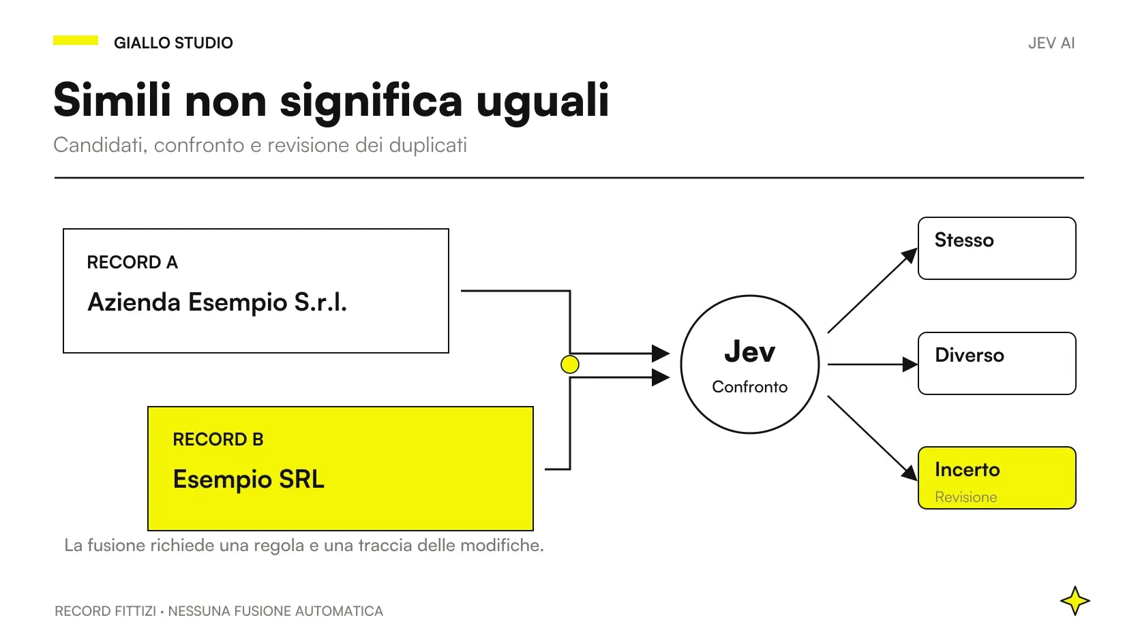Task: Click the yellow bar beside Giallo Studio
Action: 75,40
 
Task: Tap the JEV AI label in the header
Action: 1051,43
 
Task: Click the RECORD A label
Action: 132,262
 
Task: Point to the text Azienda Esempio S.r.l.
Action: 217,302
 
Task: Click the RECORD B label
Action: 217,439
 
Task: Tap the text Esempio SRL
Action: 248,480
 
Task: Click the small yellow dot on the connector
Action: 569,364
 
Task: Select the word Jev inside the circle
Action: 749,351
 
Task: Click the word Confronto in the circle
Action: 749,387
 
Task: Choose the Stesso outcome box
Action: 997,248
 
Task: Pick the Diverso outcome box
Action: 997,364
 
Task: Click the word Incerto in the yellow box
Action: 967,470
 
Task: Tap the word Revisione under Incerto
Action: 966,497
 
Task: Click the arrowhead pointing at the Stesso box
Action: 909,255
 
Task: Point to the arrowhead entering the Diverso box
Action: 910,364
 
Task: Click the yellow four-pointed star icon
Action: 1075,601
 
